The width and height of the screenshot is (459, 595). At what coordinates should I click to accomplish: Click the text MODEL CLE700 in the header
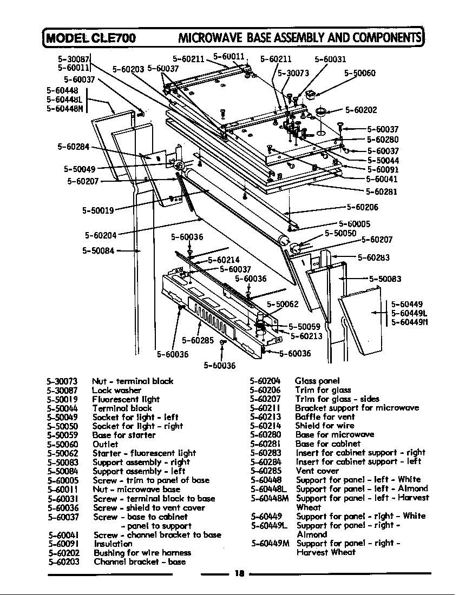pyautogui.click(x=91, y=37)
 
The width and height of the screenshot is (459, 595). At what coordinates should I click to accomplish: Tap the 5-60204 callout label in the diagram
pyautogui.click(x=101, y=235)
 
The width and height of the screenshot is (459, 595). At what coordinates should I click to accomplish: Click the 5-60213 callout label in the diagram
pyautogui.click(x=307, y=336)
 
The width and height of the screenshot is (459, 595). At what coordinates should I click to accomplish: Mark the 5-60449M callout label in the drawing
pyautogui.click(x=410, y=322)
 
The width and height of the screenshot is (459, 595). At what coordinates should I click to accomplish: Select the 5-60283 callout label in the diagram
pyautogui.click(x=374, y=257)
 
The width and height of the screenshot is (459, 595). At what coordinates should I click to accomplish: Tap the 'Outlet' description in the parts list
pyautogui.click(x=105, y=444)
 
